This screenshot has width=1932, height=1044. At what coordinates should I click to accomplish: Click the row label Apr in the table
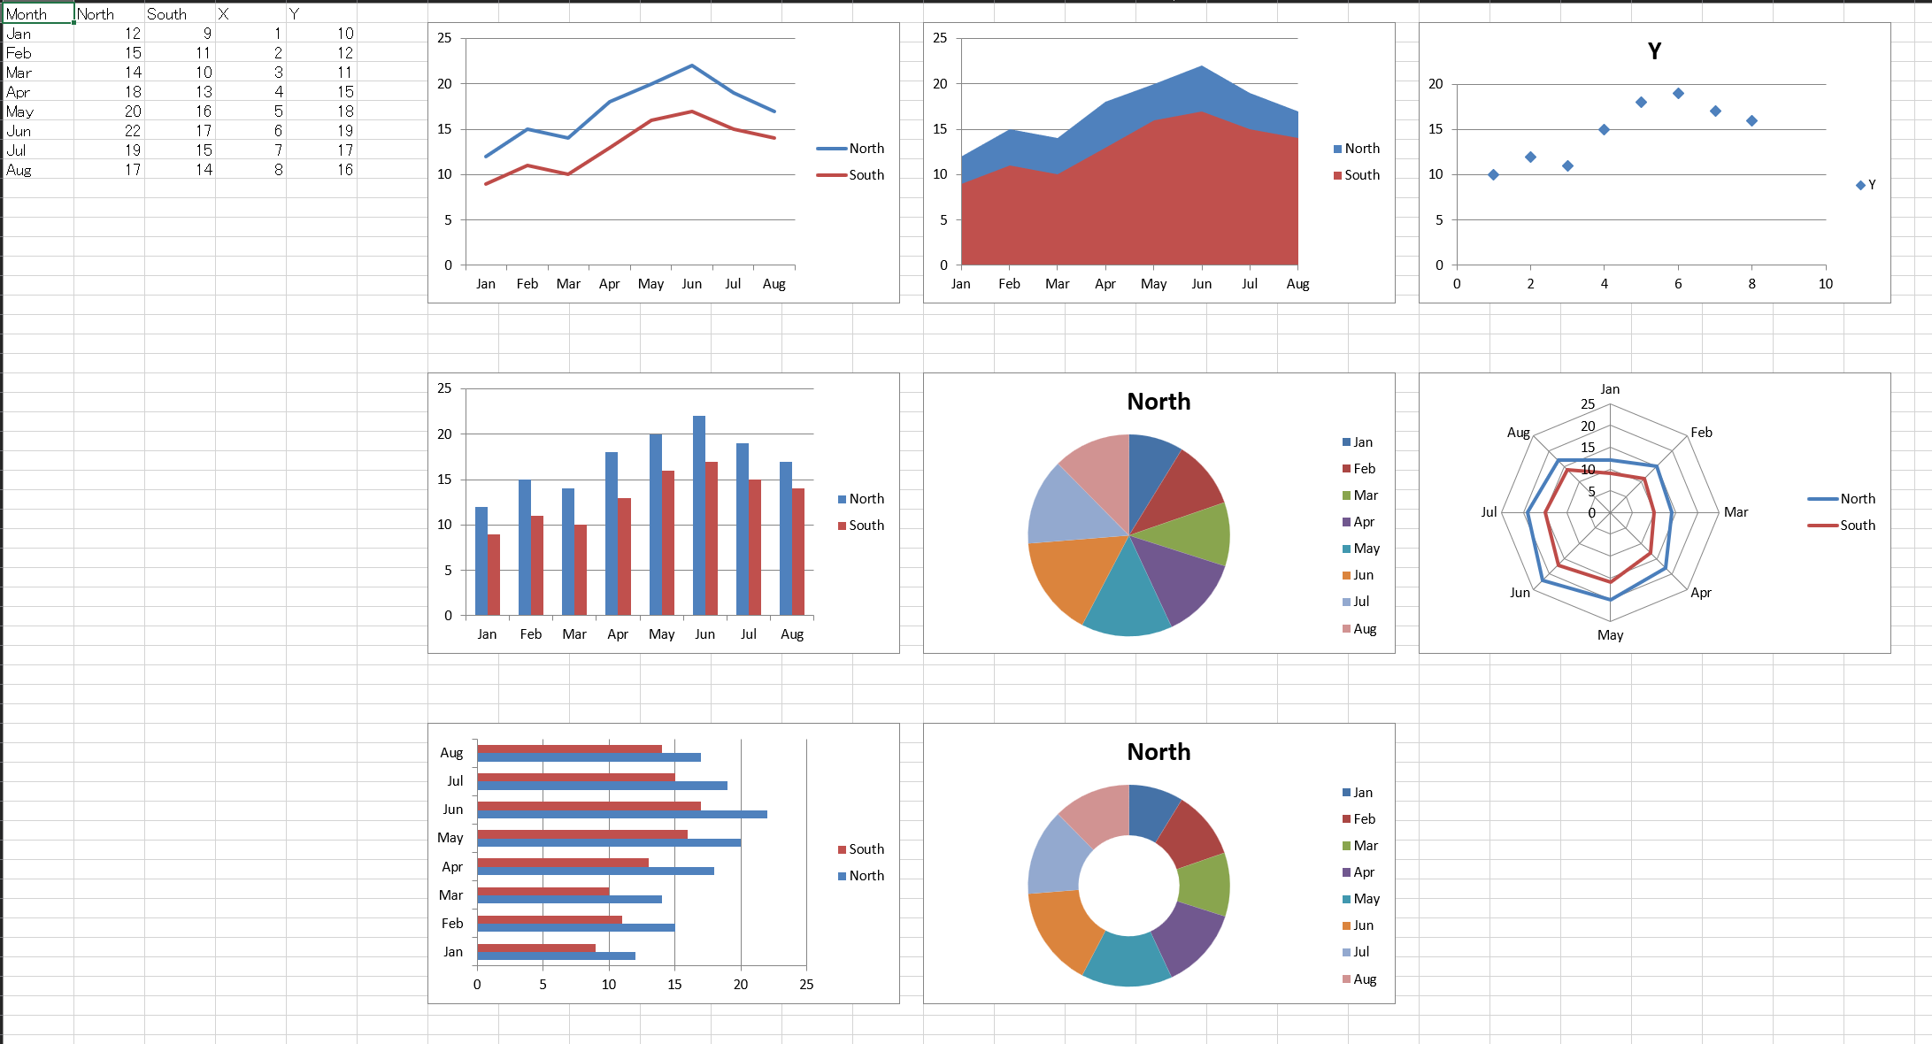click(19, 92)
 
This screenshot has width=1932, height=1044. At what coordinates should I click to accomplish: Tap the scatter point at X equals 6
click(1678, 94)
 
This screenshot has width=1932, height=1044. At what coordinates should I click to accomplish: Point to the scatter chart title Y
click(1654, 51)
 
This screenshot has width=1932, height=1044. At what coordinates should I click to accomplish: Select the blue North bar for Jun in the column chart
click(699, 515)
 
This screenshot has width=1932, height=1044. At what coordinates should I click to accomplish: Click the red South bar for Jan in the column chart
click(494, 574)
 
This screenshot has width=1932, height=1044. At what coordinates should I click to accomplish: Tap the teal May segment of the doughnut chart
click(1127, 962)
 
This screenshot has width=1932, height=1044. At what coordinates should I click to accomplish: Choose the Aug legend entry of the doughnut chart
click(1364, 979)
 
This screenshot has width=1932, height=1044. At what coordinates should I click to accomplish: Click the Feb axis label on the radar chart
click(1701, 433)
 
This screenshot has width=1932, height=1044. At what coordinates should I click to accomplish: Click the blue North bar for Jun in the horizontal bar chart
click(621, 814)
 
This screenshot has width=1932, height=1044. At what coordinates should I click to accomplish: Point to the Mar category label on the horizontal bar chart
click(450, 895)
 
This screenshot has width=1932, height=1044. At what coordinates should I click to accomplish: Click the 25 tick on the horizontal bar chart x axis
click(806, 985)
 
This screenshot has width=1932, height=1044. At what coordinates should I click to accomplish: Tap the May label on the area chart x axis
click(1153, 284)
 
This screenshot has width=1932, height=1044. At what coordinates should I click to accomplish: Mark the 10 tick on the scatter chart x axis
click(1825, 284)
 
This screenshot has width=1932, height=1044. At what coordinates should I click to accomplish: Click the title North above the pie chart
click(1158, 402)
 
